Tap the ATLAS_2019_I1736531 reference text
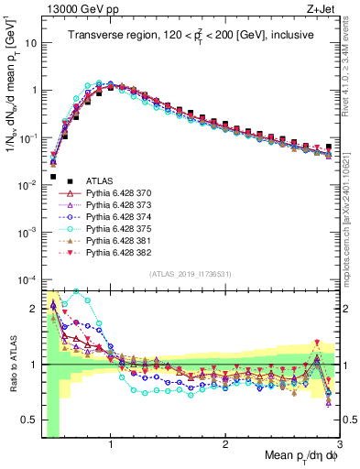click(x=191, y=275)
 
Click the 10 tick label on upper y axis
click(x=29, y=43)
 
